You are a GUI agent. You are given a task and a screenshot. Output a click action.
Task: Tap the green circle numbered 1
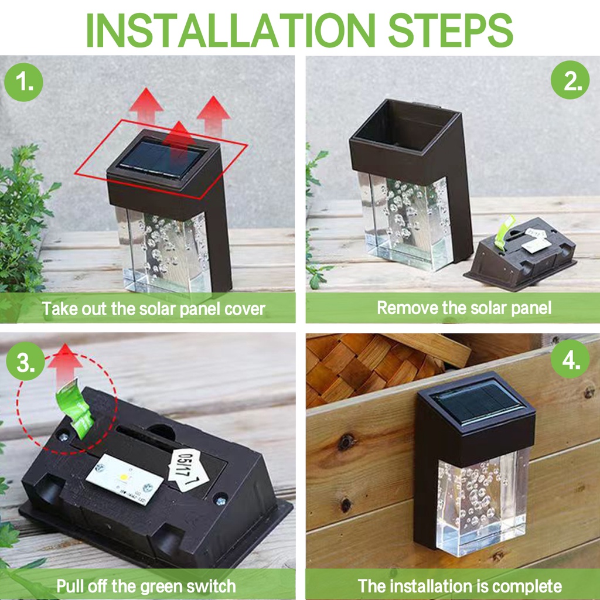(x=23, y=83)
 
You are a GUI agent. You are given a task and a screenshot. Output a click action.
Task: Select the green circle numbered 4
(x=570, y=361)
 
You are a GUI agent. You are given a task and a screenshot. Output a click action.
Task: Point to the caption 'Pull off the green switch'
(x=146, y=585)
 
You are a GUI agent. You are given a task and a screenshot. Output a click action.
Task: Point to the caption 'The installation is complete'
(x=459, y=585)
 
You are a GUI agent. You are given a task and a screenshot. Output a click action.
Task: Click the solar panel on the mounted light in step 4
(x=478, y=404)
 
